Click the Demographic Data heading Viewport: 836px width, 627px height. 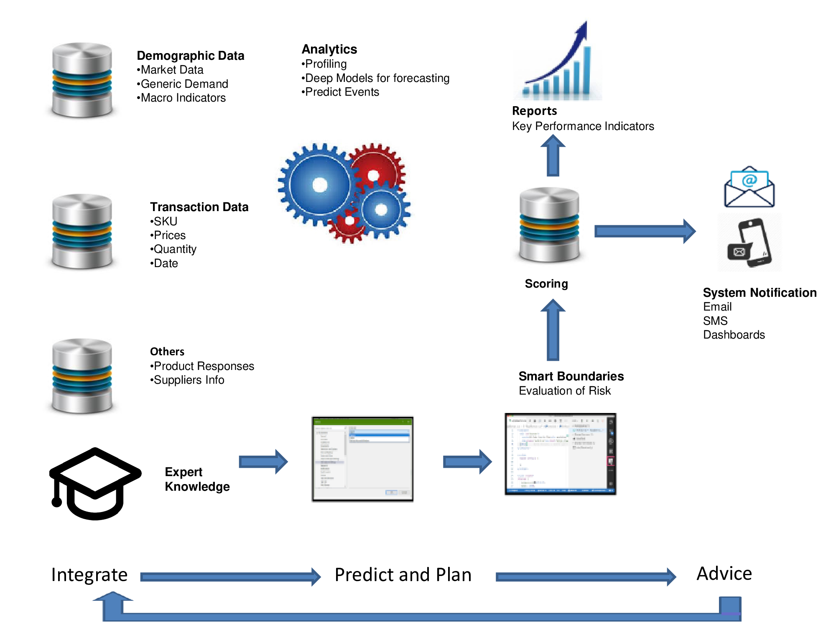[x=190, y=56]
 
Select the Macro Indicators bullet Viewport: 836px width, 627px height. [x=182, y=98]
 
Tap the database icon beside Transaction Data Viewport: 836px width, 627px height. [x=82, y=231]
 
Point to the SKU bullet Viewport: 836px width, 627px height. [x=165, y=221]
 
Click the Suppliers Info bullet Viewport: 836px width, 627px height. [x=188, y=380]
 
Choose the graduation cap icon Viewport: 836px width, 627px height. [x=95, y=484]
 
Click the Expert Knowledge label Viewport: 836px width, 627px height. [x=197, y=479]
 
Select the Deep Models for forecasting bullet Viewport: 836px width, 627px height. [x=376, y=78]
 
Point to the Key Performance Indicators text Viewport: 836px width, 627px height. [x=583, y=126]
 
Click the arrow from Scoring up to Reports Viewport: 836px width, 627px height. [x=553, y=156]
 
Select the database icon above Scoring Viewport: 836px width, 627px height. [x=549, y=225]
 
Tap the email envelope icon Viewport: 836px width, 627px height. [x=749, y=187]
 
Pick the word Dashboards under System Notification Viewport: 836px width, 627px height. [x=734, y=335]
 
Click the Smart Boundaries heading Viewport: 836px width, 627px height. [x=571, y=376]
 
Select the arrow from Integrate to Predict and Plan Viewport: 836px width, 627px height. [x=230, y=577]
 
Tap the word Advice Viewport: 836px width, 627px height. [x=724, y=573]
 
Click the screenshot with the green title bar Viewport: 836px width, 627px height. [x=362, y=459]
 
